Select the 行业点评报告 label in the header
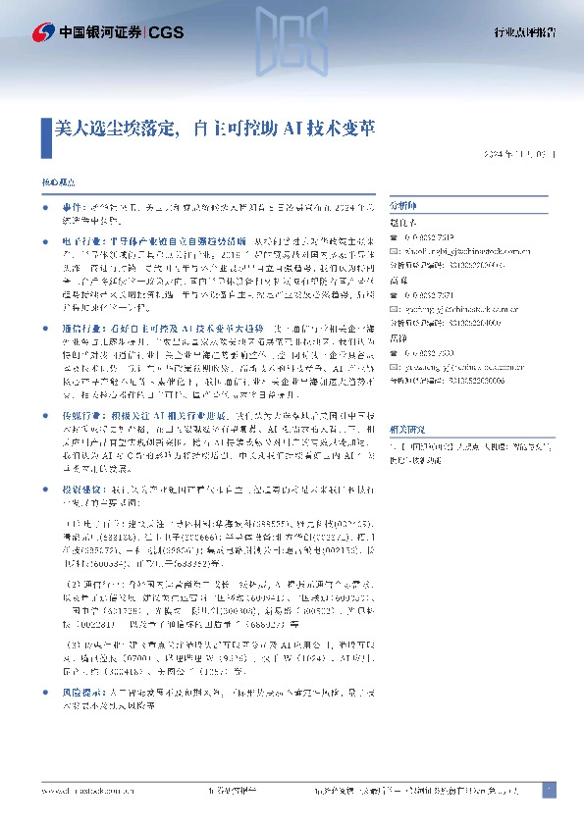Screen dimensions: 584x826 click(x=524, y=32)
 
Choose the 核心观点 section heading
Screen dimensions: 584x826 click(x=56, y=184)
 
